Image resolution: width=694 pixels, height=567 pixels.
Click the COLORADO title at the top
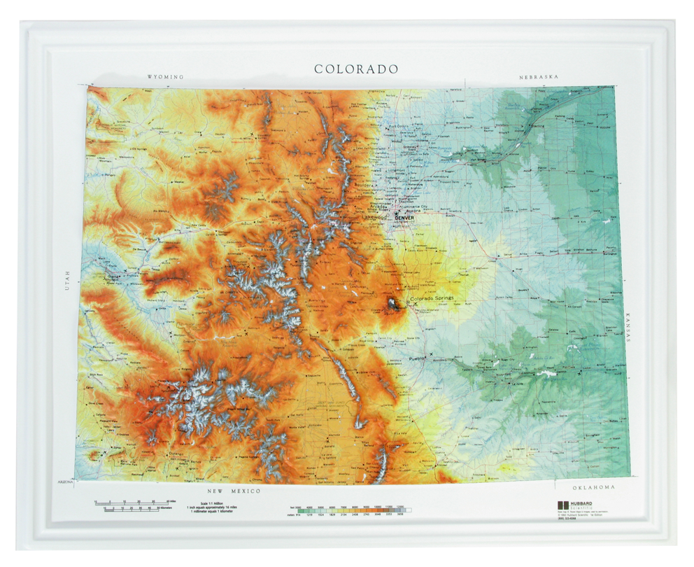[356, 69]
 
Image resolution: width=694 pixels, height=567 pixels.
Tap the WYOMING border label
[165, 77]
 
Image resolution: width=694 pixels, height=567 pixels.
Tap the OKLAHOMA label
[593, 487]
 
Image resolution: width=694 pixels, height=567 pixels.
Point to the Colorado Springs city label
[432, 299]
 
